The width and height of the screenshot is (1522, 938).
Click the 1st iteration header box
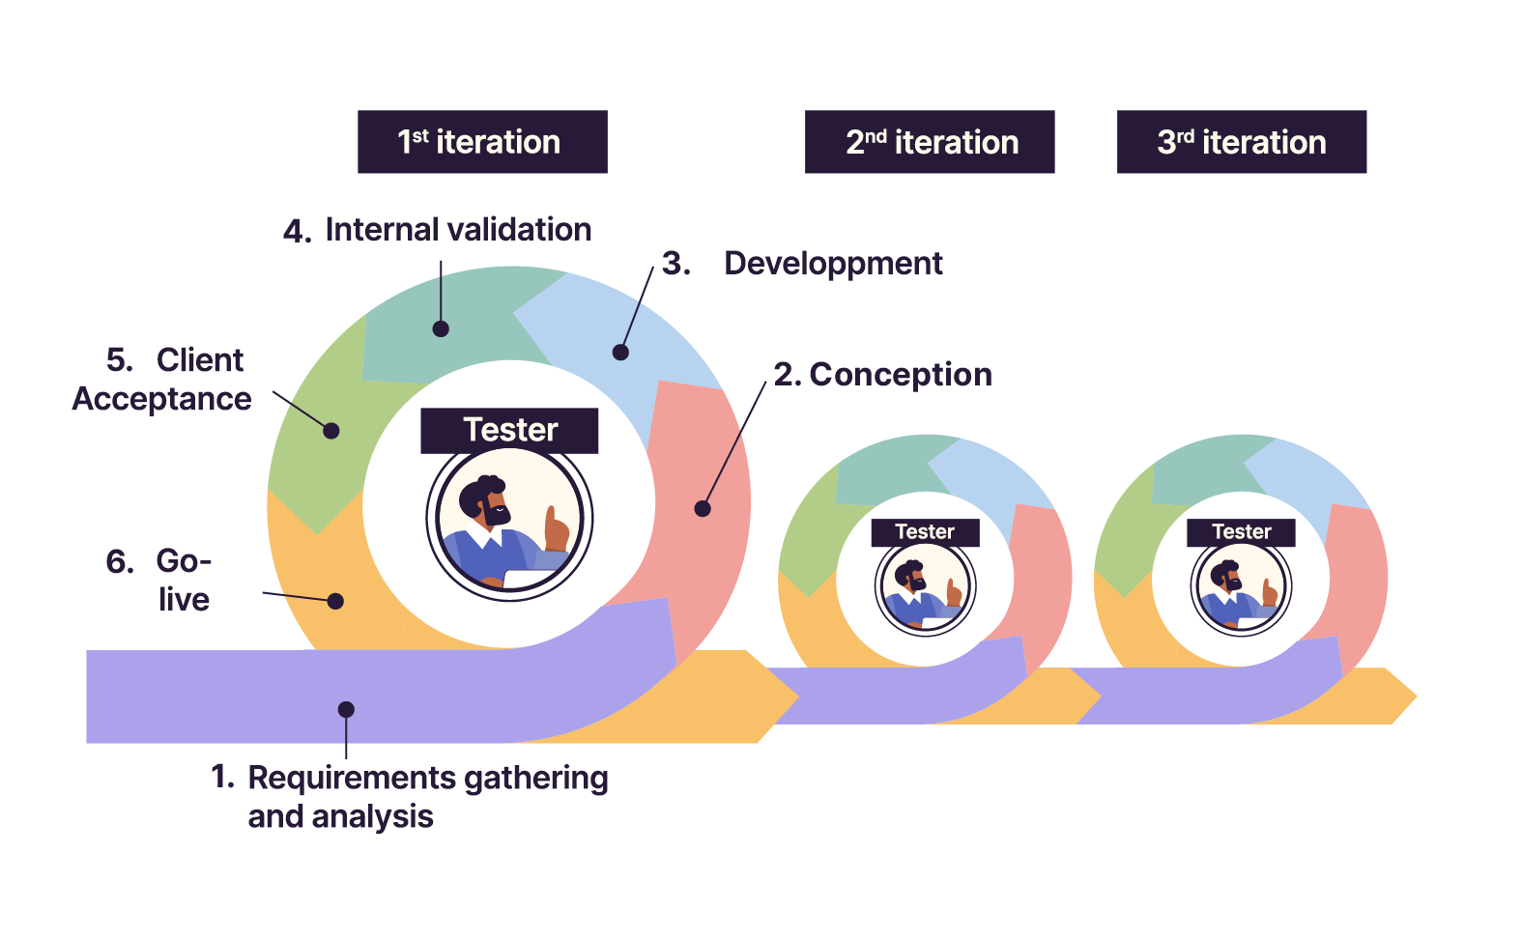pyautogui.click(x=482, y=142)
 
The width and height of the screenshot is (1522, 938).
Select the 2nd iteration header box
pyautogui.click(x=929, y=142)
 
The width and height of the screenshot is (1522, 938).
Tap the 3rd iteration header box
pyautogui.click(x=1241, y=142)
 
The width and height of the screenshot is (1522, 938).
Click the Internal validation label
pyautogui.click(x=457, y=230)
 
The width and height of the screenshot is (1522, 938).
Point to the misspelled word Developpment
pyautogui.click(x=833, y=264)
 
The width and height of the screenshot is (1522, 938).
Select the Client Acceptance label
pyautogui.click(x=162, y=380)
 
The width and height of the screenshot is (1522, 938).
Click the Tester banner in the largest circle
pyautogui.click(x=509, y=431)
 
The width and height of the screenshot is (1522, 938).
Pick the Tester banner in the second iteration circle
pyautogui.click(x=925, y=532)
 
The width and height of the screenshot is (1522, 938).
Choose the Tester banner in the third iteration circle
pyautogui.click(x=1241, y=532)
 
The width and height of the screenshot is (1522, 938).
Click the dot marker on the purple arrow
pyautogui.click(x=346, y=710)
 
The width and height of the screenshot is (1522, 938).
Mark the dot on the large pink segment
pyautogui.click(x=703, y=508)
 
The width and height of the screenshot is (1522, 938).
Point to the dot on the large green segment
pyautogui.click(x=331, y=431)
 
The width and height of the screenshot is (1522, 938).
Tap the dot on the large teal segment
pyautogui.click(x=441, y=328)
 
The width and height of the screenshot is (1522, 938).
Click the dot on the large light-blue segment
pyautogui.click(x=621, y=353)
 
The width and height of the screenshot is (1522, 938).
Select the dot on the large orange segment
pyautogui.click(x=335, y=601)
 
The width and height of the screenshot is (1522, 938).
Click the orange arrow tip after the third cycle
pyautogui.click(x=1406, y=696)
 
